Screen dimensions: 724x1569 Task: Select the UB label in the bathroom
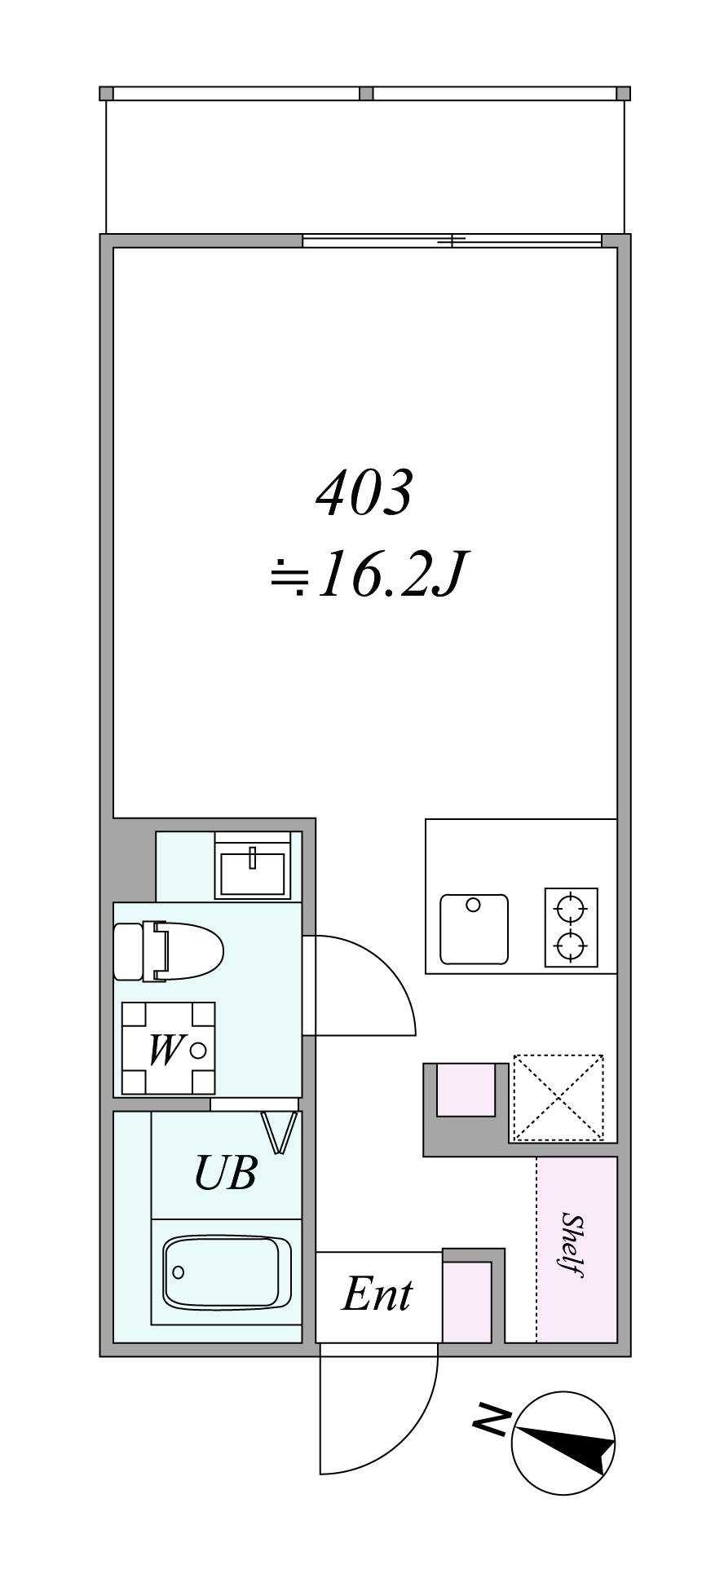coord(226,1172)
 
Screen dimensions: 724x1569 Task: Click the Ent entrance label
coord(377,1294)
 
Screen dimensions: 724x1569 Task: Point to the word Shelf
coord(574,1246)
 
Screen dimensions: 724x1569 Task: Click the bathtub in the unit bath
coord(227,1272)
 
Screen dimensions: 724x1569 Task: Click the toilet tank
coord(129,951)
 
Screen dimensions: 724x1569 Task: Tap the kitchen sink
coord(474,929)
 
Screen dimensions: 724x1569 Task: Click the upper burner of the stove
coord(571,906)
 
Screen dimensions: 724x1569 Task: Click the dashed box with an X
coord(558,1098)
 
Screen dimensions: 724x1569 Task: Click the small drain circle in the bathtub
coord(179,1272)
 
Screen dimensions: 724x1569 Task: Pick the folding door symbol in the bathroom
coord(279,1134)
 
